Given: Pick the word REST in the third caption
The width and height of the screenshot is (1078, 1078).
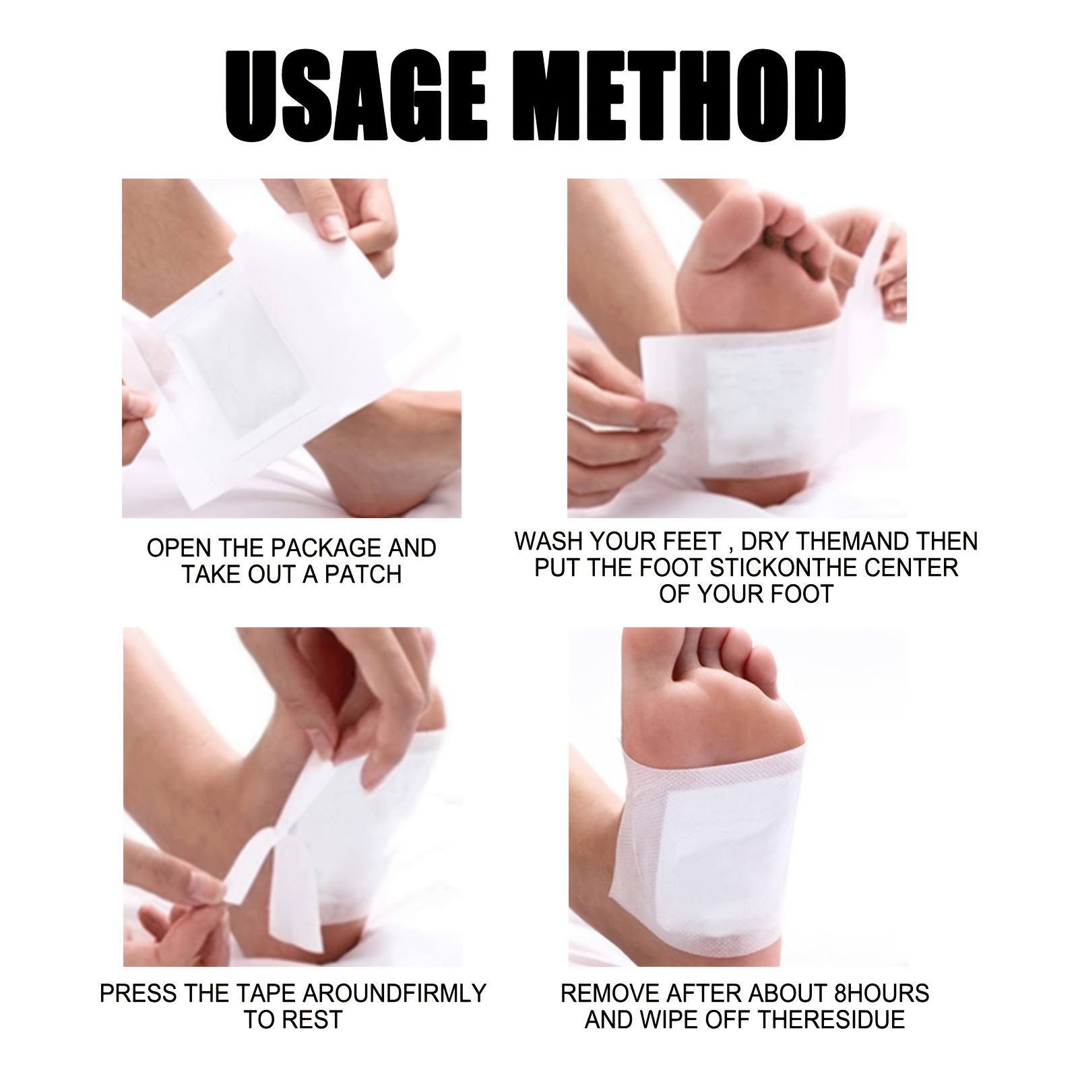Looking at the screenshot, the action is pyautogui.click(x=312, y=1019).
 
